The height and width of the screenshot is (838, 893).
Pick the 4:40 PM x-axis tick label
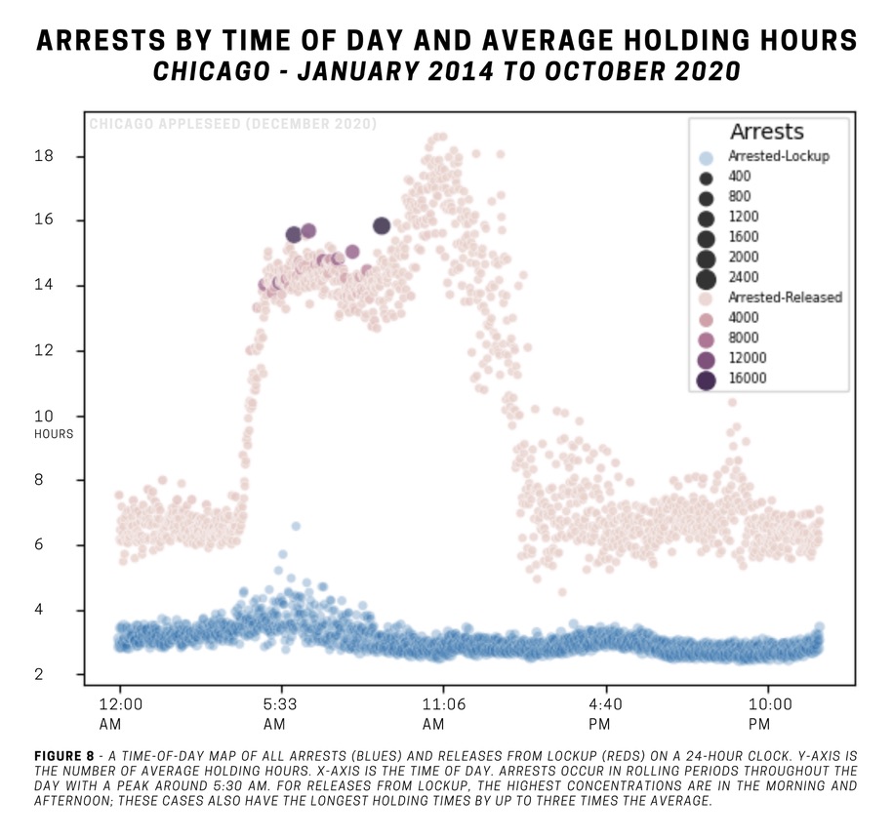pyautogui.click(x=606, y=713)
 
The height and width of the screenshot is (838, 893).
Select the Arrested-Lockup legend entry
pyautogui.click(x=778, y=156)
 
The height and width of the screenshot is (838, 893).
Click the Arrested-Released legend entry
pyautogui.click(x=784, y=297)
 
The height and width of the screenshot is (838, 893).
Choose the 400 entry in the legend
pyautogui.click(x=740, y=177)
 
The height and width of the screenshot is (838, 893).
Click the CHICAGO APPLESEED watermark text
pyautogui.click(x=231, y=124)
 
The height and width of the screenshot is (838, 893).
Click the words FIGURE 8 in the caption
pyautogui.click(x=63, y=756)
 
